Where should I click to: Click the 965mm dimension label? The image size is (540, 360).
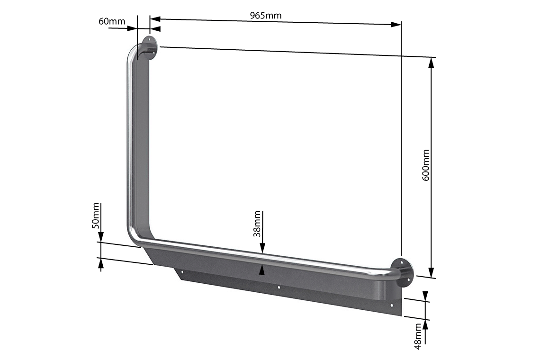(x=265, y=15)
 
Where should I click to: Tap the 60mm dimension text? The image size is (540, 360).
(x=112, y=22)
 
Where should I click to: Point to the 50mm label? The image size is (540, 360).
(x=96, y=216)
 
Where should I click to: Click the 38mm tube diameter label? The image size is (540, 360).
(x=257, y=224)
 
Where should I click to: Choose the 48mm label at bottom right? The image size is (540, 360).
(x=418, y=336)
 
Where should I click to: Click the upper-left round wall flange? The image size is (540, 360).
(x=150, y=47)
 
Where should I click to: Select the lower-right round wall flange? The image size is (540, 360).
(x=404, y=272)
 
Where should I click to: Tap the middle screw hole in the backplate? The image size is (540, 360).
(x=279, y=288)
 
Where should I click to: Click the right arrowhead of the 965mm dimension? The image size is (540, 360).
(x=396, y=24)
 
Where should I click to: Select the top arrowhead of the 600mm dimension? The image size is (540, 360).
(x=431, y=63)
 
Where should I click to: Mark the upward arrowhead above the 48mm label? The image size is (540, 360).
(x=425, y=324)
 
